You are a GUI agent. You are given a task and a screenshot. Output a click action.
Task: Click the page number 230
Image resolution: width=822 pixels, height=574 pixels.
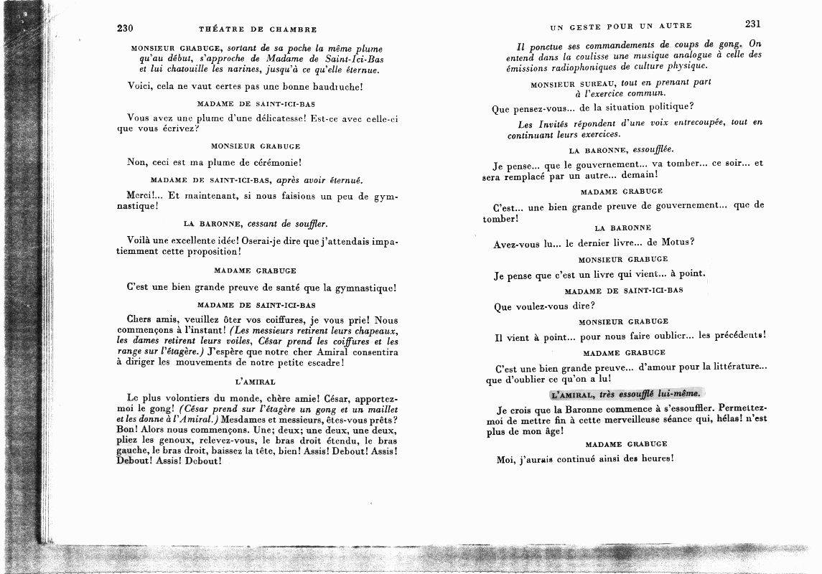coord(126,29)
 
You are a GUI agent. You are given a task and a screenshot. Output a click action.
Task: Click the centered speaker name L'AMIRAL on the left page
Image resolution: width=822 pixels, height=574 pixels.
coord(256,382)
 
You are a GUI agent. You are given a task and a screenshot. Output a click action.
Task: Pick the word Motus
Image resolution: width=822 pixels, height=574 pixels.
coord(673,242)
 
